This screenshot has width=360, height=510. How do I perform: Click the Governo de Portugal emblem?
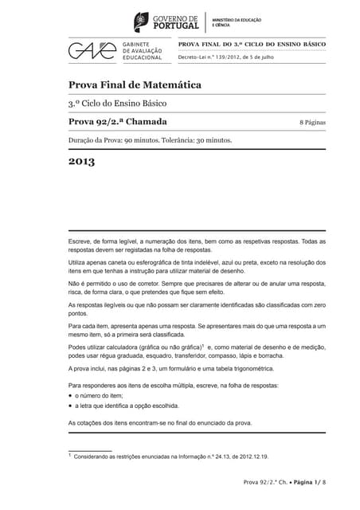coord(141,22)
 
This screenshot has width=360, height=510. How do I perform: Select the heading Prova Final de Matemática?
coord(134,84)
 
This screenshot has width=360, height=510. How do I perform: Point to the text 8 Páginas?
coord(312,122)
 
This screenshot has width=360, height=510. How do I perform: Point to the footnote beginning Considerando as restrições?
coord(170,457)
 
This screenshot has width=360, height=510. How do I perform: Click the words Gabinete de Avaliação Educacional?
coord(143,51)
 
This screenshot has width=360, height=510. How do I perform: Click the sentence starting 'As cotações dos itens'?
coord(159,422)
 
